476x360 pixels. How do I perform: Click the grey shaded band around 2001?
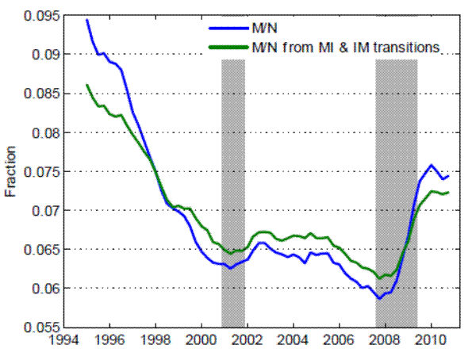coord(232,190)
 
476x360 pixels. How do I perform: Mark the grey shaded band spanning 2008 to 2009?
coord(396,190)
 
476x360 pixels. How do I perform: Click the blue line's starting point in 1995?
coord(86,20)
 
